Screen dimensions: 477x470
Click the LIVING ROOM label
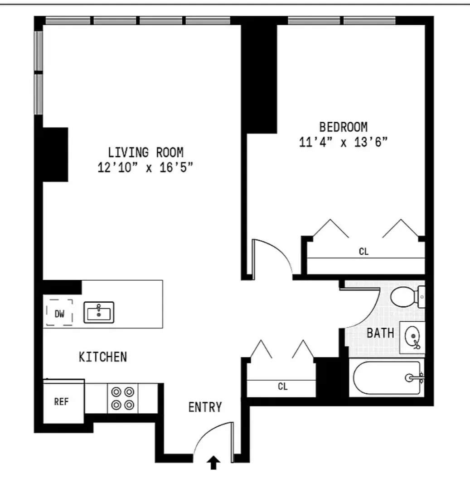pos(145,152)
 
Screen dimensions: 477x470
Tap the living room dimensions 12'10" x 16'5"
pos(145,168)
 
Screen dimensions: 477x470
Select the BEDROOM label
pos(343,127)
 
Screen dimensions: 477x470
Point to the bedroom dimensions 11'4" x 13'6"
pos(343,143)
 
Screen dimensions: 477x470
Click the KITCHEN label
pos(103,357)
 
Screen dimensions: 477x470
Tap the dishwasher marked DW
pos(60,313)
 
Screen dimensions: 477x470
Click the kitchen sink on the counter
pos(99,312)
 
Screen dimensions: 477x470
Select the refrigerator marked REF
pos(62,402)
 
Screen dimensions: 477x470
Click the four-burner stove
pos(123,398)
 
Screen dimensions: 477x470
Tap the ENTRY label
pos(205,407)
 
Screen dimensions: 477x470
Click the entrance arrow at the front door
pos(214,463)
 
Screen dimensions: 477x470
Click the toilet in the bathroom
pos(406,297)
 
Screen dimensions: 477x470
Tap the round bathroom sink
pos(412,337)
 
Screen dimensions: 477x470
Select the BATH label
pos(380,334)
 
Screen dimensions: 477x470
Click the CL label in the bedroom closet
pos(363,252)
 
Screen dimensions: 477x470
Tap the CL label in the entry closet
pos(283,386)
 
